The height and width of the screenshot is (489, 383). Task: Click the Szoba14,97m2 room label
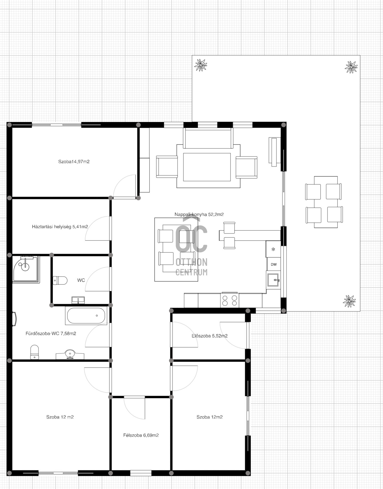[x=74, y=162]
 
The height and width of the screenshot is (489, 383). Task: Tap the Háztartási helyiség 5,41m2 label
[x=60, y=227]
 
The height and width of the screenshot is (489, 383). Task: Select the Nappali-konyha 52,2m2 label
[x=199, y=214]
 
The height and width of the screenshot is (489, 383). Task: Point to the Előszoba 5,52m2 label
[x=210, y=336]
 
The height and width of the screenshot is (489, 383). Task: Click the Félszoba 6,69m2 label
[x=141, y=435]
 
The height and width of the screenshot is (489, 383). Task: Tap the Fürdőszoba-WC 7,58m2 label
[x=51, y=334]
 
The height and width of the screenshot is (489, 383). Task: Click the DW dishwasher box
[x=274, y=264]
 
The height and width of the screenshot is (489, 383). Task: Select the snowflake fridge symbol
[x=273, y=249]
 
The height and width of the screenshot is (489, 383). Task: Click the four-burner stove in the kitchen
[x=229, y=300]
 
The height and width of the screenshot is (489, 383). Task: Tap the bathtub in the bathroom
[x=86, y=316]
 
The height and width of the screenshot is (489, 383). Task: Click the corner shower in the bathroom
[x=26, y=269]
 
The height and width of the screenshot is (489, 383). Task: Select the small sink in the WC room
[x=78, y=300]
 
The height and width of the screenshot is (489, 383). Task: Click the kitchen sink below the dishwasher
[x=273, y=280]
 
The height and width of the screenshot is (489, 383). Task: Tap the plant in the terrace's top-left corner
[x=201, y=65]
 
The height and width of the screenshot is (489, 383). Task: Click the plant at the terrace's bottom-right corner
[x=349, y=301]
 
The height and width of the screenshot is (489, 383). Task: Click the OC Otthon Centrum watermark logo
[x=191, y=247]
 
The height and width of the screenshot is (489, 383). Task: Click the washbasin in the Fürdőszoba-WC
[x=70, y=354]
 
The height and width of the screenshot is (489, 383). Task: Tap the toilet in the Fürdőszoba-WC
[x=34, y=352]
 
